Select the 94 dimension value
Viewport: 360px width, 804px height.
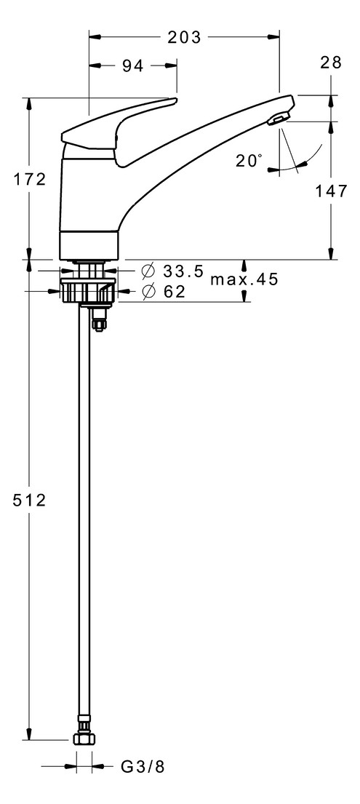click(x=132, y=66)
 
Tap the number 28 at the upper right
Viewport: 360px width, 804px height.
click(x=330, y=63)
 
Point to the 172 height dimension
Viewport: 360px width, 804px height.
click(x=30, y=178)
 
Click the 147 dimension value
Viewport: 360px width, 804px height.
click(x=331, y=191)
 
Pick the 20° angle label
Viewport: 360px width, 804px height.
click(x=249, y=161)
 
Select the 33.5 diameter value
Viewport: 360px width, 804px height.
click(x=183, y=271)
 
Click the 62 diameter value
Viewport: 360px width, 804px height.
click(x=175, y=292)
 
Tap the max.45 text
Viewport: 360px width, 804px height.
click(x=244, y=279)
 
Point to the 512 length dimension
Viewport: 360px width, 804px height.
click(x=30, y=501)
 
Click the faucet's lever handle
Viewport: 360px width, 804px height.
click(x=120, y=120)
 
